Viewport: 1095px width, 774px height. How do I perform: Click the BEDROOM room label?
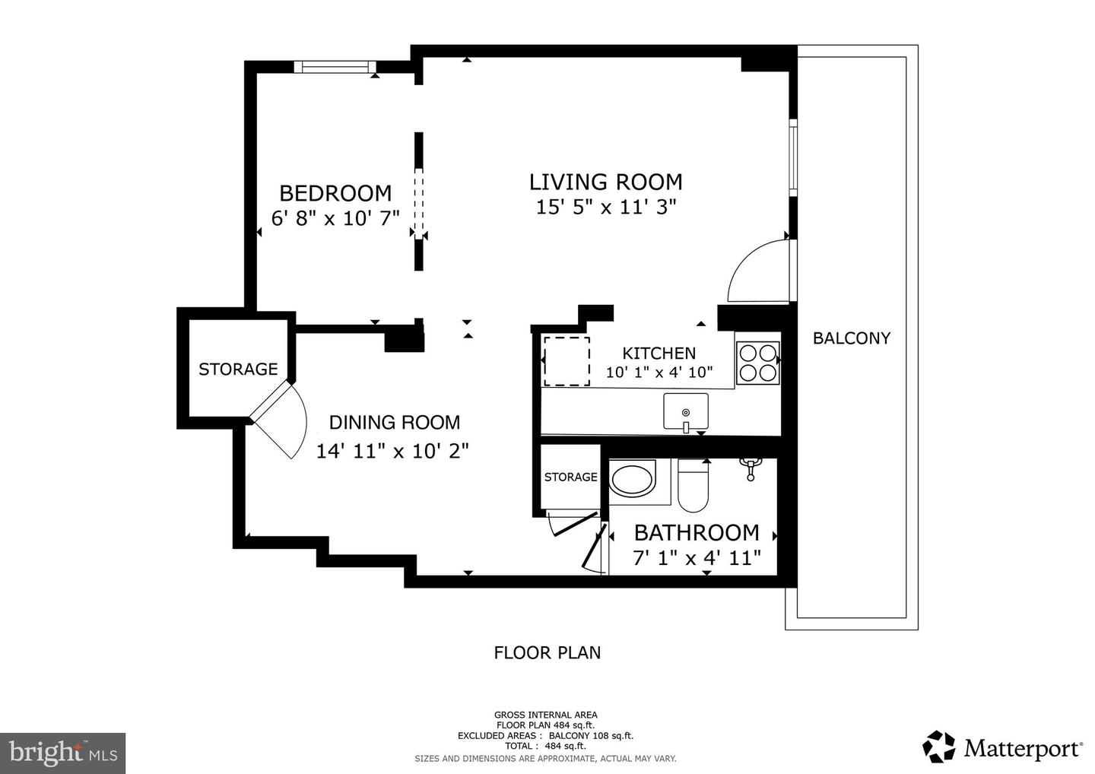pos(335,193)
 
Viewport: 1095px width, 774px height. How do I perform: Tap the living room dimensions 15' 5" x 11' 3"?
pos(606,207)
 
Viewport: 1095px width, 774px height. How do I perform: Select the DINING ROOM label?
pos(394,423)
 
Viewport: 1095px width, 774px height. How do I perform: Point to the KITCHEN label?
pos(659,353)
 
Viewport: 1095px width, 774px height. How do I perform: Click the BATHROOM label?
pos(697,532)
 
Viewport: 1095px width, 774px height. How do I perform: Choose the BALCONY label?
pos(851,338)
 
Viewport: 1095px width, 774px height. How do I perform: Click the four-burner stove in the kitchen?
pos(758,363)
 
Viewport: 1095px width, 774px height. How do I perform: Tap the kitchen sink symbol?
pos(685,412)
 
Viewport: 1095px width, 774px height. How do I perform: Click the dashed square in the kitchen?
pos(567,360)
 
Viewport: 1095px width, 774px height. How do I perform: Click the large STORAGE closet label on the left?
pos(238,370)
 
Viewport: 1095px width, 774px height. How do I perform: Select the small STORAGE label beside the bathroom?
pos(570,477)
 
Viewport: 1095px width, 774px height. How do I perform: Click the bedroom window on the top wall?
pos(335,67)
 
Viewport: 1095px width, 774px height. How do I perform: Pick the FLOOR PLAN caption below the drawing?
pos(547,652)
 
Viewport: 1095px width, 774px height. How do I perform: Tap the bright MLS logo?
pos(62,753)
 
